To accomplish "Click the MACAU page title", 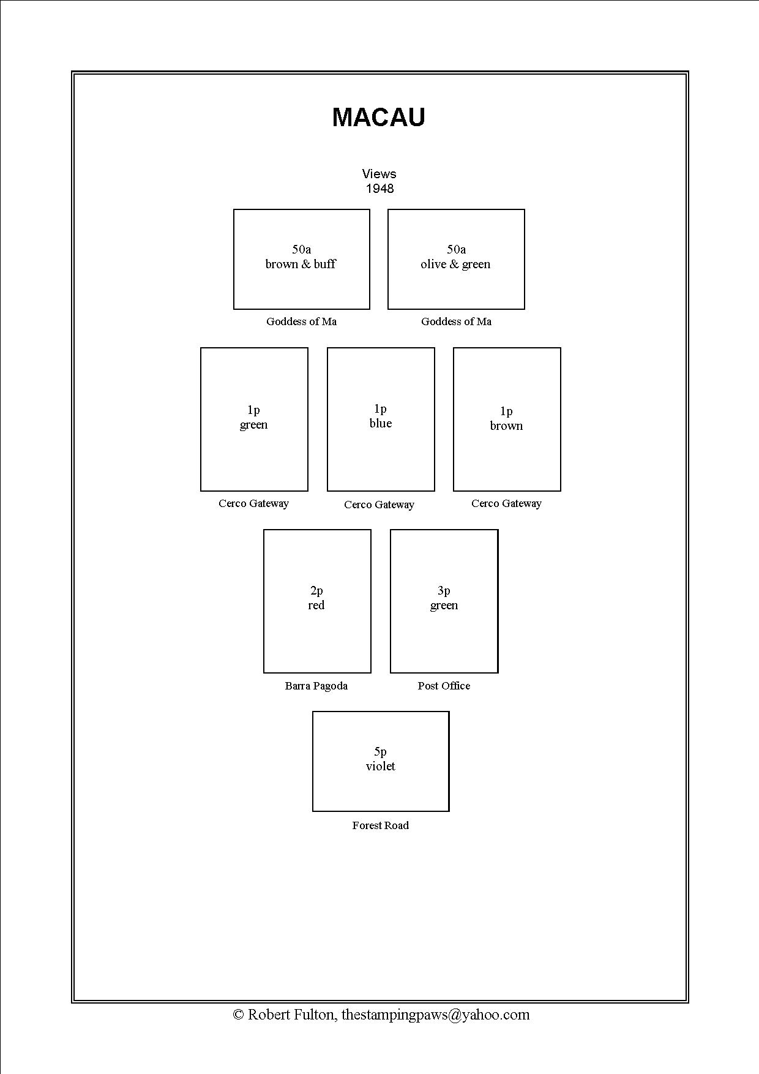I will pos(378,118).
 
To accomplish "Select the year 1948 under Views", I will pos(379,189).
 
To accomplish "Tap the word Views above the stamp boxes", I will pos(379,174).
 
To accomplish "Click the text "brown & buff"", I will pos(301,264).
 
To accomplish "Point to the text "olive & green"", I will pos(455,264).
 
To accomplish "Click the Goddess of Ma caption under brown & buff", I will pos(301,321).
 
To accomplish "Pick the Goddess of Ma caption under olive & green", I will pos(456,321).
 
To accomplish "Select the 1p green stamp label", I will pos(253,418).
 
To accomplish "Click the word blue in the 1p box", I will pos(380,423).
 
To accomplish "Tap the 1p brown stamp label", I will pos(506,419).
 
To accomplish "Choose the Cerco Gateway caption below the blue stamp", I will pos(379,505).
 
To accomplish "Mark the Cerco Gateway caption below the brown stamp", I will pos(506,503).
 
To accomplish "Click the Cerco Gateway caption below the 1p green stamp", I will pos(253,503).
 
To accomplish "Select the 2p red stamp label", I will pos(316,598).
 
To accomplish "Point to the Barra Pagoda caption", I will pos(316,686).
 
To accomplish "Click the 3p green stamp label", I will pos(444,598).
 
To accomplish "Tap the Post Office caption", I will pos(444,686).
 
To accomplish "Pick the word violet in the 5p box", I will pos(380,766).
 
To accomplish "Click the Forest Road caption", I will pos(380,825).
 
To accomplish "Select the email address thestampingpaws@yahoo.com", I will pos(435,1015).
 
